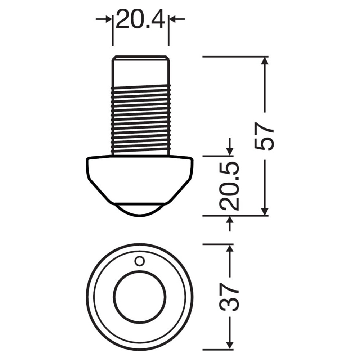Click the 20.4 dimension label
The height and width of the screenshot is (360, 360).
click(x=140, y=19)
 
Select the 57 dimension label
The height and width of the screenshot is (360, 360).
click(x=265, y=136)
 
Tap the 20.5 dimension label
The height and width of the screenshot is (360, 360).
click(x=229, y=186)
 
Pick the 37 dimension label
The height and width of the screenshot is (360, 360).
click(x=229, y=298)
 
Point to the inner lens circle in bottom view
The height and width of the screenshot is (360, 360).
click(x=140, y=297)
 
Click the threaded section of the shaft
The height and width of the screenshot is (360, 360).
click(x=140, y=120)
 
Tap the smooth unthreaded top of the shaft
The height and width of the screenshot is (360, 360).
click(x=140, y=71)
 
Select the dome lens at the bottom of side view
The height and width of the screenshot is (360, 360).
click(x=140, y=210)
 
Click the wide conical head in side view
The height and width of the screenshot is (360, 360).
click(x=140, y=180)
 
